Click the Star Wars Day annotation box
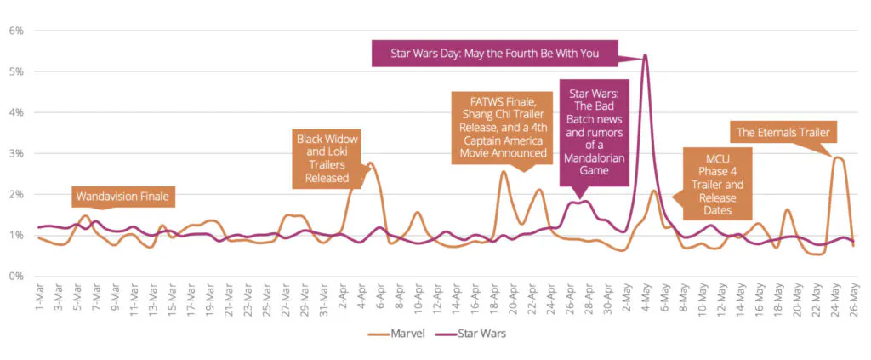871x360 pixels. tap(494, 54)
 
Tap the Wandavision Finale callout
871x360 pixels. tap(122, 197)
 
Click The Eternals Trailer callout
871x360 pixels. tap(782, 132)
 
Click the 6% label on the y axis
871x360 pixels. tap(16, 31)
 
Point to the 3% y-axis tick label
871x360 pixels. tap(16, 153)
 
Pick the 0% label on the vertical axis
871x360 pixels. tap(16, 276)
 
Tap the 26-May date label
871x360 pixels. tap(852, 298)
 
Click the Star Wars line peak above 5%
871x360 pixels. tap(645, 55)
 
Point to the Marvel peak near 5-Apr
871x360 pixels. tap(372, 163)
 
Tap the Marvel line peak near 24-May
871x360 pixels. tap(837, 157)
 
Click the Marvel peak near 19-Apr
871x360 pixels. tap(504, 172)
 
